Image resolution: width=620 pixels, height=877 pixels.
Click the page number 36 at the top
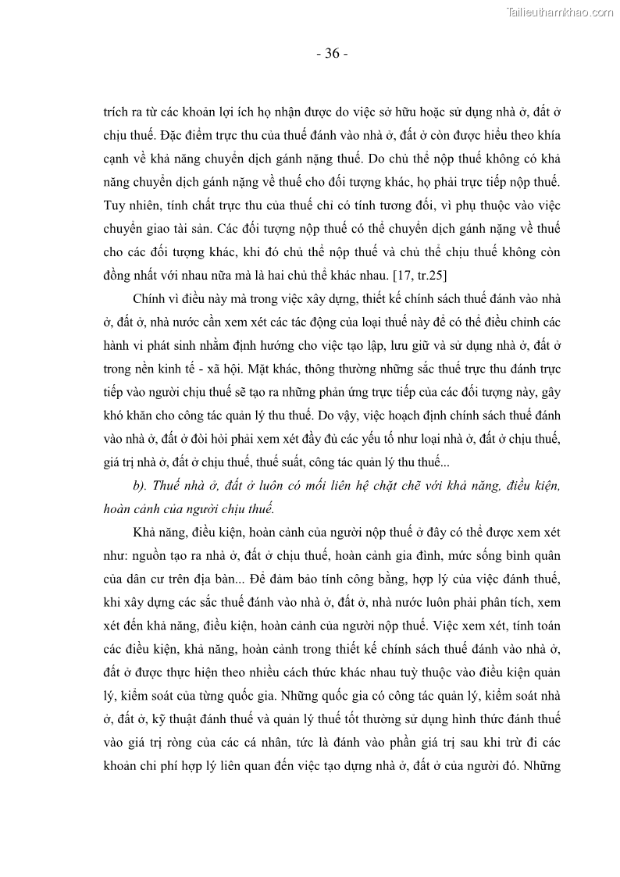332,54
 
